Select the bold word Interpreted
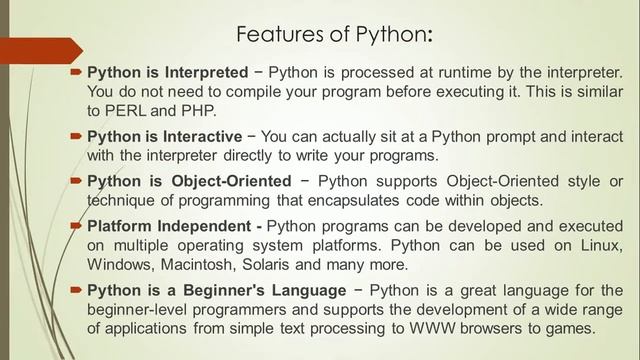point(203,73)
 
